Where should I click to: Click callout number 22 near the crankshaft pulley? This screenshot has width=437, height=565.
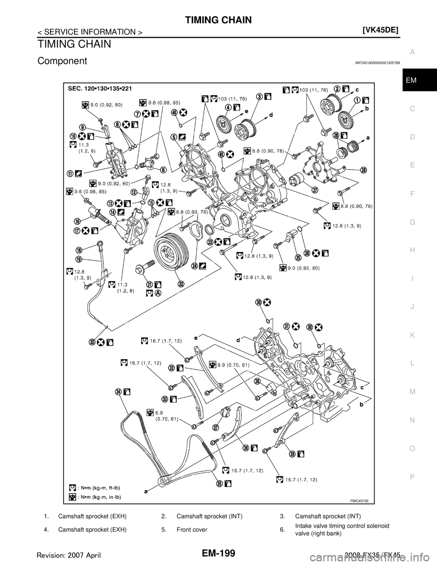(x=181, y=283)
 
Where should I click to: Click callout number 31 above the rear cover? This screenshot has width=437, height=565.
(x=287, y=326)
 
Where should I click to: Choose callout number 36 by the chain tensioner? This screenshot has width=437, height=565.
(x=257, y=381)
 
